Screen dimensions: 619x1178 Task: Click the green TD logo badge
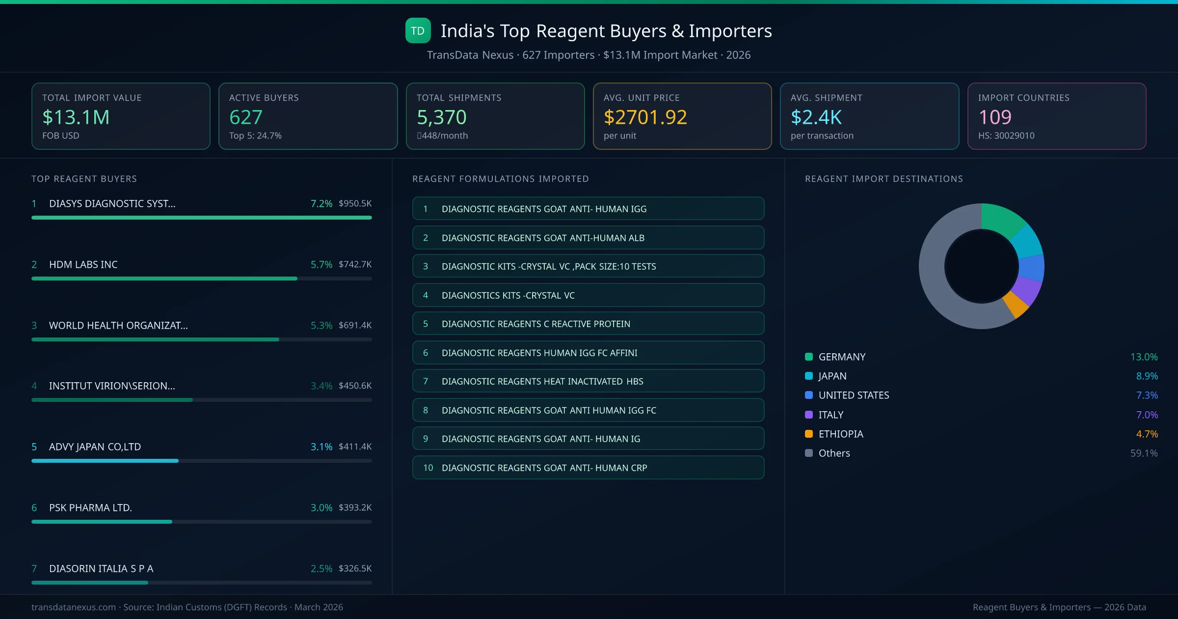418,30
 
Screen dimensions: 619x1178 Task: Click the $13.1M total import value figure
76,117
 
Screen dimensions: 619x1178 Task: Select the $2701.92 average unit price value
645,117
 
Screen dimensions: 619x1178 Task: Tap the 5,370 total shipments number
441,117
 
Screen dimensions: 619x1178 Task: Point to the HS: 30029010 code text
1006,136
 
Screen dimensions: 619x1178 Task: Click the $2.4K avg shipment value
816,117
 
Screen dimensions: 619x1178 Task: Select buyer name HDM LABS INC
83,264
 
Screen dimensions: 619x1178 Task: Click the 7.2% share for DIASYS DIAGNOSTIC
321,203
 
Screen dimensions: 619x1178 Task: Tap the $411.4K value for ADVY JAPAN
355,447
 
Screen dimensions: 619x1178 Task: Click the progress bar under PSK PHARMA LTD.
201,522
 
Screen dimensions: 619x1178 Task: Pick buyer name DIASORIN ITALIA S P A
101,568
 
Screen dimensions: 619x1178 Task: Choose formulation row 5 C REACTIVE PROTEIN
588,324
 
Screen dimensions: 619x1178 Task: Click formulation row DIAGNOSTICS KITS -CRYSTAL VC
588,295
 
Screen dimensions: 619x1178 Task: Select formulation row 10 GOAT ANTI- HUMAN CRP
588,468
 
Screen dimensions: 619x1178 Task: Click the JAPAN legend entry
832,376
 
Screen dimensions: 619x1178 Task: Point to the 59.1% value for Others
1144,453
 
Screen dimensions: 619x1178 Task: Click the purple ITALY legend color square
809,415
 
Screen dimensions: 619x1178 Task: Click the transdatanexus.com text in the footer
74,607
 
